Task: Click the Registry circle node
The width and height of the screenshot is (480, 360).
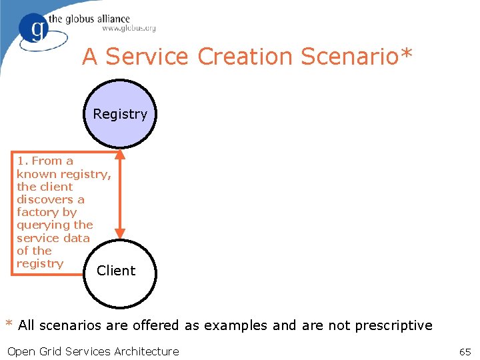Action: click(x=120, y=114)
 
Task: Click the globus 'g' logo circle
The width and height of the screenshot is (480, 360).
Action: click(x=35, y=29)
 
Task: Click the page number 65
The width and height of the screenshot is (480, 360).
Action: click(x=465, y=351)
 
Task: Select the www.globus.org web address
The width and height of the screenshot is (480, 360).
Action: click(x=129, y=29)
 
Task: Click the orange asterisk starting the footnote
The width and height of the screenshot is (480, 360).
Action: click(x=9, y=325)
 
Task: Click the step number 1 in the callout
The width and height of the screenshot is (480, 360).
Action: click(x=22, y=161)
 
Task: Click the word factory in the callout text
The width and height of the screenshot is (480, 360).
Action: click(x=38, y=212)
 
